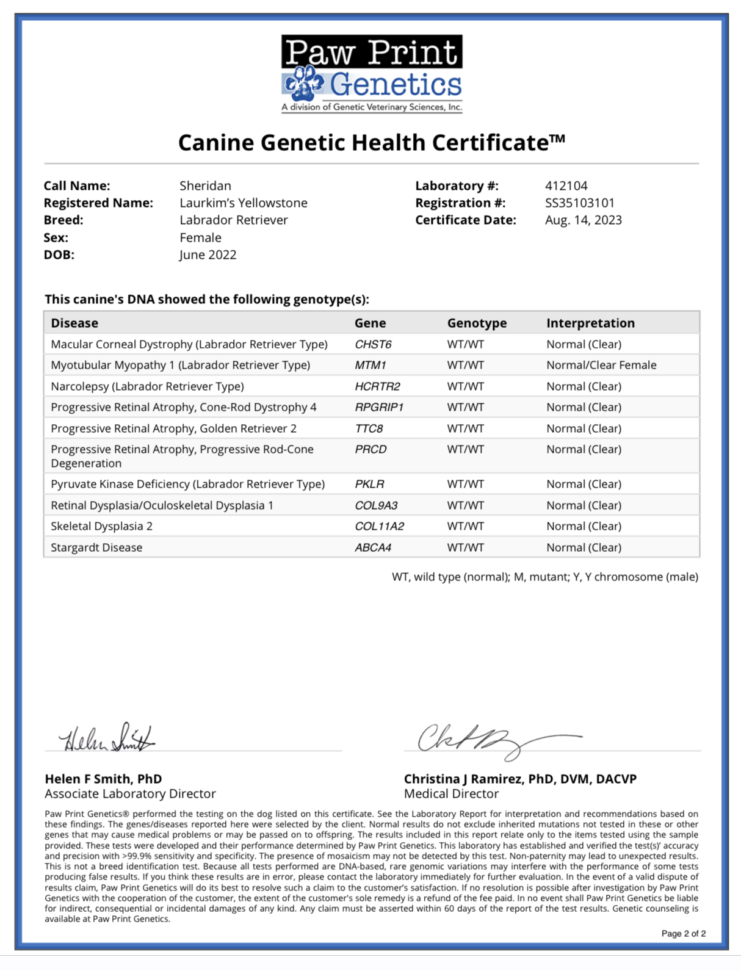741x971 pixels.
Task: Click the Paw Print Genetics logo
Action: [x=371, y=73]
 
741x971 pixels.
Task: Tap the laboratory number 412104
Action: [x=566, y=186]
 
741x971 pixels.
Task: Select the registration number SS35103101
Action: [x=579, y=203]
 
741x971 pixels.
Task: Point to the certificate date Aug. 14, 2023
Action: [x=583, y=220]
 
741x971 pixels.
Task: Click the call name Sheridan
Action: [x=205, y=186]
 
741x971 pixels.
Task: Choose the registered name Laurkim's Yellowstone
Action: [x=243, y=203]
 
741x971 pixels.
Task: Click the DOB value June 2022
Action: [x=208, y=254]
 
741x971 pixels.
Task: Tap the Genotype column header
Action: [x=476, y=323]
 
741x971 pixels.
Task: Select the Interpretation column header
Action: [x=590, y=323]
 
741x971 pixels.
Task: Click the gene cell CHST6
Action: [x=373, y=344]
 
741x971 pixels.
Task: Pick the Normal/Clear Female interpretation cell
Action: [x=601, y=365]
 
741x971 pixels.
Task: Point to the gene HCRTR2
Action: [x=377, y=386]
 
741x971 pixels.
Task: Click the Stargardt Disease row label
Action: [x=96, y=547]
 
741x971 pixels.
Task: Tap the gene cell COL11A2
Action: [x=379, y=526]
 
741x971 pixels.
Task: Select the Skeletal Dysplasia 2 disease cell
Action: [x=101, y=526]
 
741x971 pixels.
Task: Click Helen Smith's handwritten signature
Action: [x=107, y=738]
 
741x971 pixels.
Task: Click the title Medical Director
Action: [x=451, y=793]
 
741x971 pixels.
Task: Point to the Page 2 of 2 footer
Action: [x=683, y=933]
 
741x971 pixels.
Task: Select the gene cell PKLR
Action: [x=369, y=484]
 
